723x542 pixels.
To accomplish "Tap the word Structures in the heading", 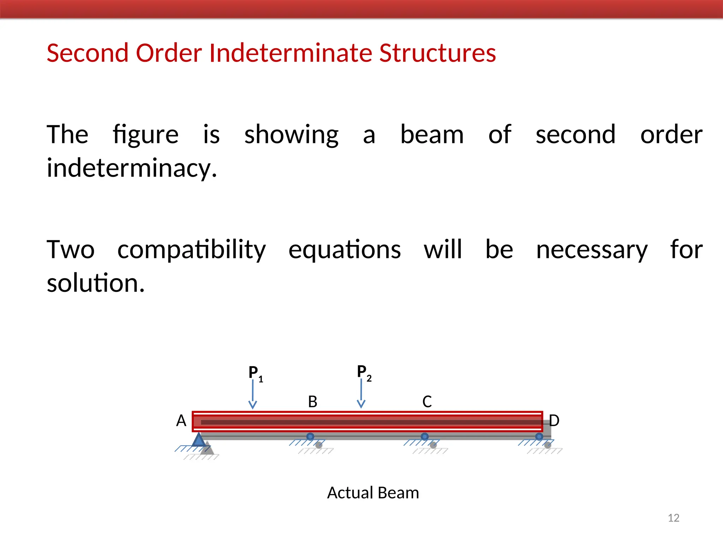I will (437, 53).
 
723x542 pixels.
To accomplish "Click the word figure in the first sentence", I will (145, 135).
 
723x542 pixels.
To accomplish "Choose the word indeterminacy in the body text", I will (131, 168).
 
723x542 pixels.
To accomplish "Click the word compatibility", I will (191, 250).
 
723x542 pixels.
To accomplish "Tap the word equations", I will (345, 250).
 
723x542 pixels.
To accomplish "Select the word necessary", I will (592, 250).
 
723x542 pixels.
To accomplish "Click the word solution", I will (96, 283).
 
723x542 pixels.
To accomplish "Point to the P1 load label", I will (255, 373).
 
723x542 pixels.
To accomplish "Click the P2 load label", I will (364, 372).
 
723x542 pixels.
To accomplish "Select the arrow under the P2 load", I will (361, 394).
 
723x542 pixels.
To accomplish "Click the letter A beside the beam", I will (181, 421).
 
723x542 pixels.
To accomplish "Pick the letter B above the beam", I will (312, 402).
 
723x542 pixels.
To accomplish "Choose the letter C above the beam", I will (427, 402).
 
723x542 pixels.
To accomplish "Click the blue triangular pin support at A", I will (199, 440).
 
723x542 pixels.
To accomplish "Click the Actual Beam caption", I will (373, 493).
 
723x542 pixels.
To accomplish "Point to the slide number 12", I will (674, 518).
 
